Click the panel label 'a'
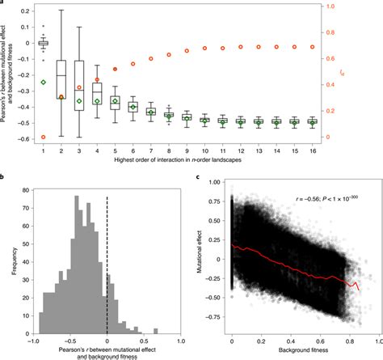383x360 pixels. tap(3, 4)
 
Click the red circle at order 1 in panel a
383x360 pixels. tap(44, 137)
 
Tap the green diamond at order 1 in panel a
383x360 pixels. tap(44, 83)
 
